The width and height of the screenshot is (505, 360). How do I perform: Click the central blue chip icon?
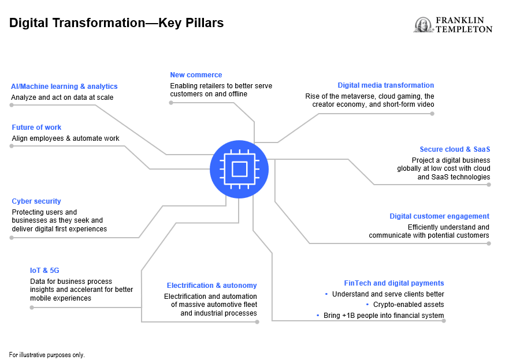[239, 168]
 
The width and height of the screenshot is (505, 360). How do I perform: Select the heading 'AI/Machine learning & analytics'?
[64, 87]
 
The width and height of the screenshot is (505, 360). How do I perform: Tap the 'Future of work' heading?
[36, 127]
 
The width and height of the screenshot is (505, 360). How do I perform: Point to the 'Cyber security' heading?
[36, 201]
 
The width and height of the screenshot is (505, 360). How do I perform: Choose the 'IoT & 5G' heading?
[44, 270]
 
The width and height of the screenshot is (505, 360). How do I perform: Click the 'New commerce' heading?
[196, 75]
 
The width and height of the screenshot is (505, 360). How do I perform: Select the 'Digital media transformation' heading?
[386, 85]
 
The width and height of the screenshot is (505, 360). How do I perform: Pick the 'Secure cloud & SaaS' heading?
[455, 149]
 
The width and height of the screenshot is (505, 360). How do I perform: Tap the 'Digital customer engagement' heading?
[439, 216]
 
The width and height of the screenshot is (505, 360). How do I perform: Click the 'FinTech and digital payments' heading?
[394, 283]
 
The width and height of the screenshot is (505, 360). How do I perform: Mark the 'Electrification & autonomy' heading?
[211, 286]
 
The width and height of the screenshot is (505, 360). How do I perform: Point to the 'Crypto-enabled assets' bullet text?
[409, 305]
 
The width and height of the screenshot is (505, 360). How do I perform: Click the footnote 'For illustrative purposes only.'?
[47, 355]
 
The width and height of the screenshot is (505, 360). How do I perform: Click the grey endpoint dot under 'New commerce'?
[171, 103]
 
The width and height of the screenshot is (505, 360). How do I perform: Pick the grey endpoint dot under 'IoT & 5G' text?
[32, 307]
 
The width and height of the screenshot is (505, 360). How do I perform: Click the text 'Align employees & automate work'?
[66, 138]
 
